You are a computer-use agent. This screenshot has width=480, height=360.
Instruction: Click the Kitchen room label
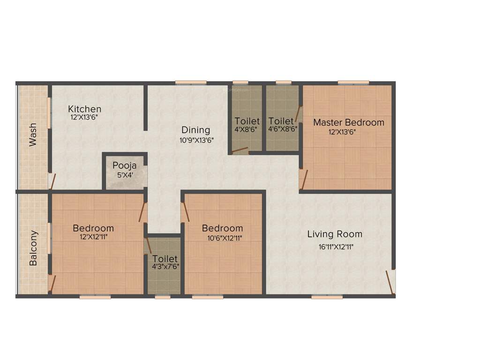point(84,109)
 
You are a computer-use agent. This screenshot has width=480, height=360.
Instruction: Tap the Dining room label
point(196,130)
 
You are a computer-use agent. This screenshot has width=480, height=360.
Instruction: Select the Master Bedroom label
point(348,122)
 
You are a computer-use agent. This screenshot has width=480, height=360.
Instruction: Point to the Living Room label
point(335,234)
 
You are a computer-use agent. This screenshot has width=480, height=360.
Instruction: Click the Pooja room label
point(125,165)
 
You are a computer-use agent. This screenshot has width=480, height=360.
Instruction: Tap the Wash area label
point(33,135)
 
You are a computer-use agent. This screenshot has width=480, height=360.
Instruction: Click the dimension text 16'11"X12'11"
point(335,245)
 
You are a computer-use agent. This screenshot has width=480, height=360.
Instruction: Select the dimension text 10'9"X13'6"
point(196,140)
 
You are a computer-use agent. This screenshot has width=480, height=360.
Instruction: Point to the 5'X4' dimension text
point(125,175)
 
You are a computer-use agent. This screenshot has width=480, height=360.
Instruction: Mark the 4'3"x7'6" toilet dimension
point(165,266)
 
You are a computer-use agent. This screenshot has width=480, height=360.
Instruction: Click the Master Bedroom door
point(304,179)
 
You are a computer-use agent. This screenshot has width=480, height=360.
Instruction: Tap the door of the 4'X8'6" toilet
point(240,150)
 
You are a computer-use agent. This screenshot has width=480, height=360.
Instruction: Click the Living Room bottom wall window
point(327,297)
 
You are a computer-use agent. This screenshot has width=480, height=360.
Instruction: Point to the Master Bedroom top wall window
point(353,83)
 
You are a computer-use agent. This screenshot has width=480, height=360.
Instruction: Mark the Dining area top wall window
point(191,83)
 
